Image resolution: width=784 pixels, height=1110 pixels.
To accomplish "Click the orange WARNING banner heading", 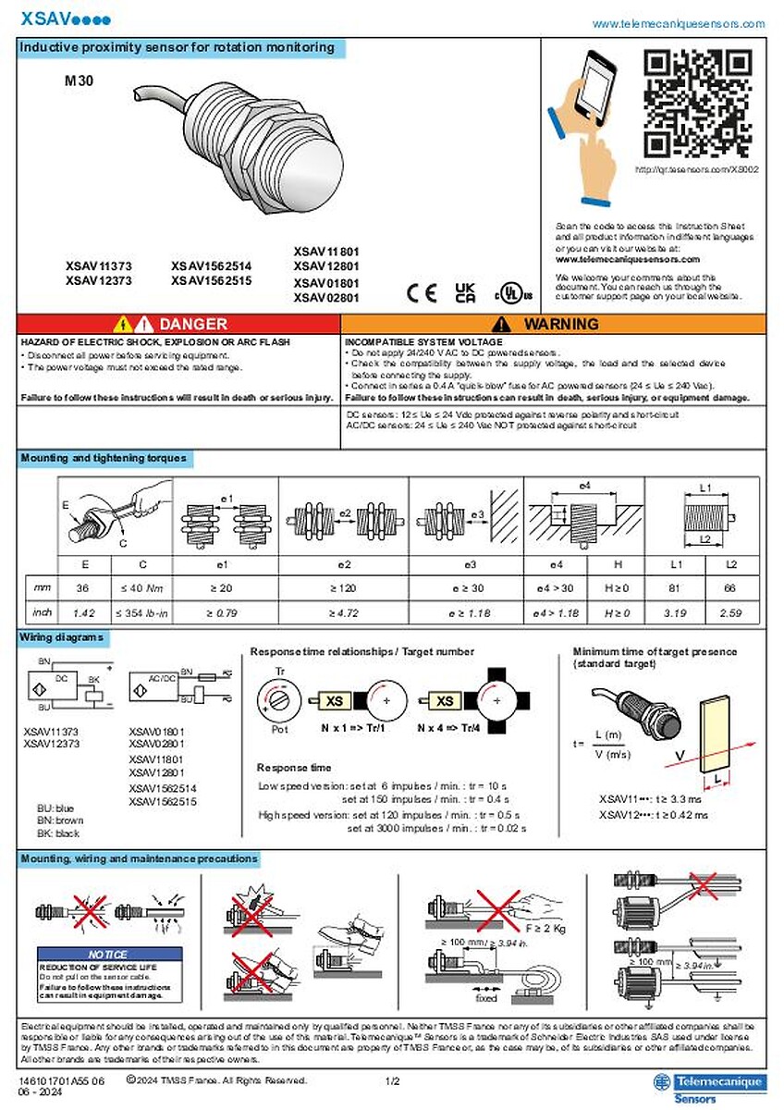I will tap(553, 324).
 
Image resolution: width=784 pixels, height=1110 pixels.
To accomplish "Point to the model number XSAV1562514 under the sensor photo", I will tap(211, 265).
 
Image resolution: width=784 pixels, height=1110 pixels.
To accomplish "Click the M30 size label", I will tap(79, 80).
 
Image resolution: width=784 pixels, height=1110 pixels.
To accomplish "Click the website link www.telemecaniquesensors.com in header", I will tap(678, 24).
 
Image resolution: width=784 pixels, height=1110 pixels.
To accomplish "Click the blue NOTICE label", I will tap(106, 954).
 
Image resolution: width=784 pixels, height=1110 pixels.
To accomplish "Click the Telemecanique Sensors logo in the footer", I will tap(707, 1087).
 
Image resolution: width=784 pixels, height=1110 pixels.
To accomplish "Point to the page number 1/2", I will tap(391, 1080).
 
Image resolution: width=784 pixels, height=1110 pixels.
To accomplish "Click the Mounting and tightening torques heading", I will tap(104, 458).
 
